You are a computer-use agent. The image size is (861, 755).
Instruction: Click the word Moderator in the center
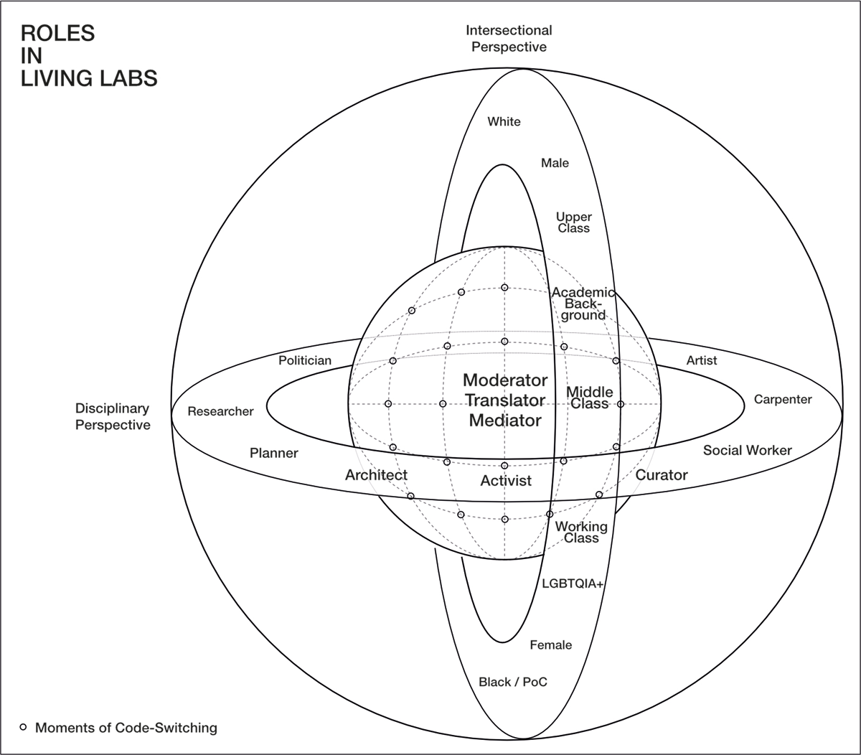click(505, 380)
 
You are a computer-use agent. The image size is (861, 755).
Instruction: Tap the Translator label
click(505, 400)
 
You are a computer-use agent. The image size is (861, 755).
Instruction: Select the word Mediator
click(505, 421)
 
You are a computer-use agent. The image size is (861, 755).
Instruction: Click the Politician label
click(305, 360)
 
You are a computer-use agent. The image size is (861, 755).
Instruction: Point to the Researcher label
click(220, 411)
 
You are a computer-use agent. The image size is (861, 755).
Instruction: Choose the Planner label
click(273, 453)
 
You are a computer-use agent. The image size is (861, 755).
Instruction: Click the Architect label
click(376, 475)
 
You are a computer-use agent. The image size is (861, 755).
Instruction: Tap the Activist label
click(506, 481)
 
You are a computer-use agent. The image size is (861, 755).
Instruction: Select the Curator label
click(662, 475)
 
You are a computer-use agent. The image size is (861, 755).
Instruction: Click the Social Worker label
click(747, 451)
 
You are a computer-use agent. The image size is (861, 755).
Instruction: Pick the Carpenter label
click(783, 400)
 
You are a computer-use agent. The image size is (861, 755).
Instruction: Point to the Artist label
click(701, 360)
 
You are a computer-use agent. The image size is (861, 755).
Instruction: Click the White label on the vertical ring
click(504, 122)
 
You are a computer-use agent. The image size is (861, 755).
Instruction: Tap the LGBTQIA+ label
click(574, 584)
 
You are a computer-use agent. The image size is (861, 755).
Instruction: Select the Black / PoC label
click(512, 682)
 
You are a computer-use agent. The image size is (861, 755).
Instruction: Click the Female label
click(550, 645)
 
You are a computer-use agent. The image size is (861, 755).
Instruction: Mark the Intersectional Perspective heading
click(509, 39)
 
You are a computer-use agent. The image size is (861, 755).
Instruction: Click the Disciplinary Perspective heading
click(113, 417)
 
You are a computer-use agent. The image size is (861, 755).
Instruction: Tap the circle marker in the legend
click(23, 727)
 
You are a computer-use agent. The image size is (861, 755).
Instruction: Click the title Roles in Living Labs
click(88, 55)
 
